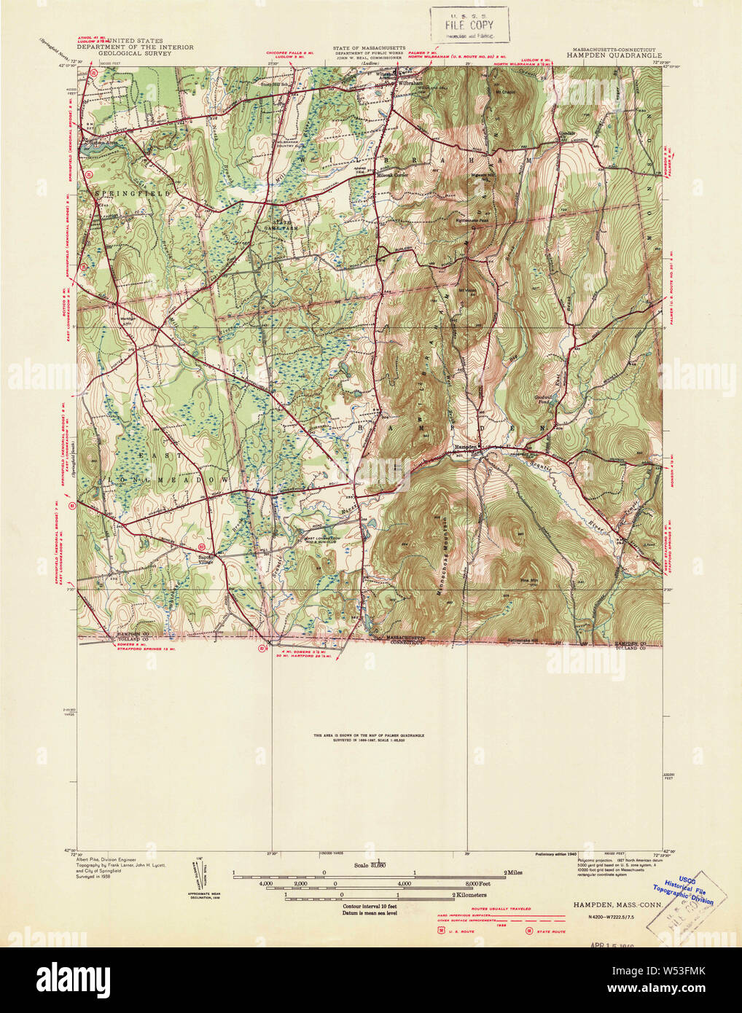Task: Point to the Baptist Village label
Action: click(x=190, y=558)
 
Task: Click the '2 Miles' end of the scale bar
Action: click(x=515, y=872)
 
